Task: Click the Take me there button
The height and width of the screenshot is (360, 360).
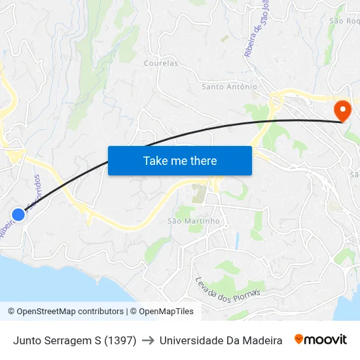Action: pyautogui.click(x=180, y=160)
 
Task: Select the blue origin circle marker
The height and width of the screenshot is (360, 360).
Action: pyautogui.click(x=18, y=214)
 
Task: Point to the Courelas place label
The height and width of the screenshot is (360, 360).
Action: pyautogui.click(x=160, y=63)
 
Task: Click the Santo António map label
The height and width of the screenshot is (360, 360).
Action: pyautogui.click(x=229, y=86)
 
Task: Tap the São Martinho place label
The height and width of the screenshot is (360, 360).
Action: pyautogui.click(x=193, y=221)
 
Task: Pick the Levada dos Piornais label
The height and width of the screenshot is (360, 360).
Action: pyautogui.click(x=228, y=290)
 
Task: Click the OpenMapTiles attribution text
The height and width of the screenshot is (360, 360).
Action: pyautogui.click(x=164, y=312)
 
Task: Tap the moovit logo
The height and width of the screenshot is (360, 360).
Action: pyautogui.click(x=321, y=340)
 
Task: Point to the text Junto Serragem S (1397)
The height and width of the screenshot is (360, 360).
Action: pyautogui.click(x=75, y=340)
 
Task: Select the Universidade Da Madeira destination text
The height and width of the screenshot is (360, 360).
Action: pyautogui.click(x=221, y=340)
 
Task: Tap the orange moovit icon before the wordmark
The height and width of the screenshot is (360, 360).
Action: pyautogui.click(x=299, y=339)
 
